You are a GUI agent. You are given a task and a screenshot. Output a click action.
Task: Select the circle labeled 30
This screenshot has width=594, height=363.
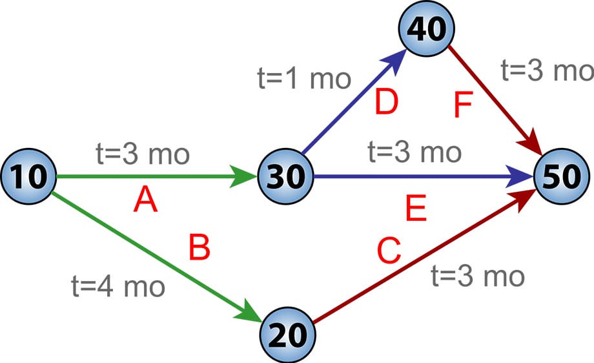tap(285, 176)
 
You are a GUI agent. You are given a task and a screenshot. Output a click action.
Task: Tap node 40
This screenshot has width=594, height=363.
tap(426, 31)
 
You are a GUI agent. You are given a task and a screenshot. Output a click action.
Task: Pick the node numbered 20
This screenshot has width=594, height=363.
tap(287, 334)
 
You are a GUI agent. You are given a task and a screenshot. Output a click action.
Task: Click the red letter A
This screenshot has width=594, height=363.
tap(145, 202)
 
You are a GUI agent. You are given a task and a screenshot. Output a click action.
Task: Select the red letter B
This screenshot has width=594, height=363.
tap(200, 249)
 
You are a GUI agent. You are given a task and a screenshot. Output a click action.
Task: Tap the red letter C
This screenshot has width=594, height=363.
tap(389, 252)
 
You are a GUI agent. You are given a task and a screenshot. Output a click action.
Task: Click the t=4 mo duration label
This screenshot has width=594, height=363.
tap(118, 286)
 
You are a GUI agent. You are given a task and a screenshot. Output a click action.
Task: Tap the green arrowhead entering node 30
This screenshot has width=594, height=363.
tap(245, 176)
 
